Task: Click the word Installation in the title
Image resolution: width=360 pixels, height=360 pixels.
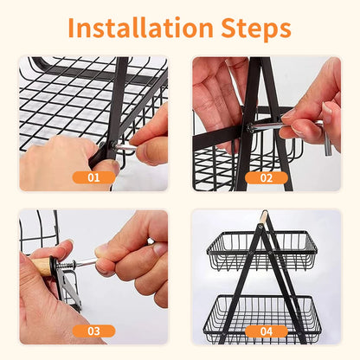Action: click(140, 28)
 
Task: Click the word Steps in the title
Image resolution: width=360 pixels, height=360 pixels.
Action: click(256, 29)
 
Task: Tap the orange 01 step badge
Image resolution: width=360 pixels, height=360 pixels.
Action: click(93, 177)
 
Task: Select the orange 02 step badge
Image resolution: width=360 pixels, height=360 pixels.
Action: click(267, 177)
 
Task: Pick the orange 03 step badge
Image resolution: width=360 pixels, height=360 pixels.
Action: click(93, 331)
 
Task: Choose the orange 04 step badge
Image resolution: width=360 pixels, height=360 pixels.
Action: click(267, 331)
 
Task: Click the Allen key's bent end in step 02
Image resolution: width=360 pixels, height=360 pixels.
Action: click(327, 138)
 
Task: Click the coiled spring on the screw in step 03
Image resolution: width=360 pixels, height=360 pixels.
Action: click(67, 265)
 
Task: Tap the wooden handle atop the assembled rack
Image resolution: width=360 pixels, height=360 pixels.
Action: click(263, 217)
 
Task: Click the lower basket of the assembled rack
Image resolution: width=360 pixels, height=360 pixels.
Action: click(262, 318)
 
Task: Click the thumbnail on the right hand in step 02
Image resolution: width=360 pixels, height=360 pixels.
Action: click(327, 111)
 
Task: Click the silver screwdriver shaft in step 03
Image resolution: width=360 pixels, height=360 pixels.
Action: click(85, 262)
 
